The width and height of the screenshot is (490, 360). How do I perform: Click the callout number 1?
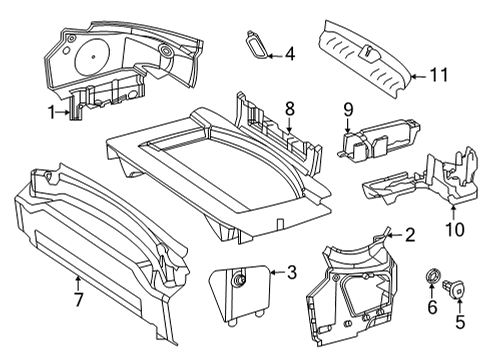click(52, 112)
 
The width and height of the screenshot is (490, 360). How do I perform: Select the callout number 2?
click(409, 235)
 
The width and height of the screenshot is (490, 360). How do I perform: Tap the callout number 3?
click(291, 272)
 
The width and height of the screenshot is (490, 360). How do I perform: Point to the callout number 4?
click(289, 54)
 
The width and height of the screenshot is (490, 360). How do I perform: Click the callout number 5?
click(460, 322)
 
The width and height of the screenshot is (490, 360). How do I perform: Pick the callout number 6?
click(432, 307)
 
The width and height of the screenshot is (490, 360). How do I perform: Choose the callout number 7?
click(78, 299)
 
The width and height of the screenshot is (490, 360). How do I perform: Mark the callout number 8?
click(290, 108)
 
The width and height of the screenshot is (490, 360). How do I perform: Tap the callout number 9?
click(348, 110)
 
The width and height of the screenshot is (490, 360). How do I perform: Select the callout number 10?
click(455, 230)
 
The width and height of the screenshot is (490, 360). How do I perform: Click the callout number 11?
click(439, 75)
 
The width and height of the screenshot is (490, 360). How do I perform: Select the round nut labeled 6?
click(432, 276)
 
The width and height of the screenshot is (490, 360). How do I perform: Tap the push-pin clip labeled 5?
click(454, 289)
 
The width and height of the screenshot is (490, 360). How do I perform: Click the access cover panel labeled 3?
click(239, 292)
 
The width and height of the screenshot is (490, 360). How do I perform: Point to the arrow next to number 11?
click(418, 76)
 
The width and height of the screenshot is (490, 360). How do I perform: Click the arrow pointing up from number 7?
click(78, 283)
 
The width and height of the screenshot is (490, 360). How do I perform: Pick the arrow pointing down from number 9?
click(348, 126)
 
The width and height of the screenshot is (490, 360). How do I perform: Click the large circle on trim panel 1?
click(92, 56)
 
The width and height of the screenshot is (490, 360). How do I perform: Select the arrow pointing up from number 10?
click(453, 213)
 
